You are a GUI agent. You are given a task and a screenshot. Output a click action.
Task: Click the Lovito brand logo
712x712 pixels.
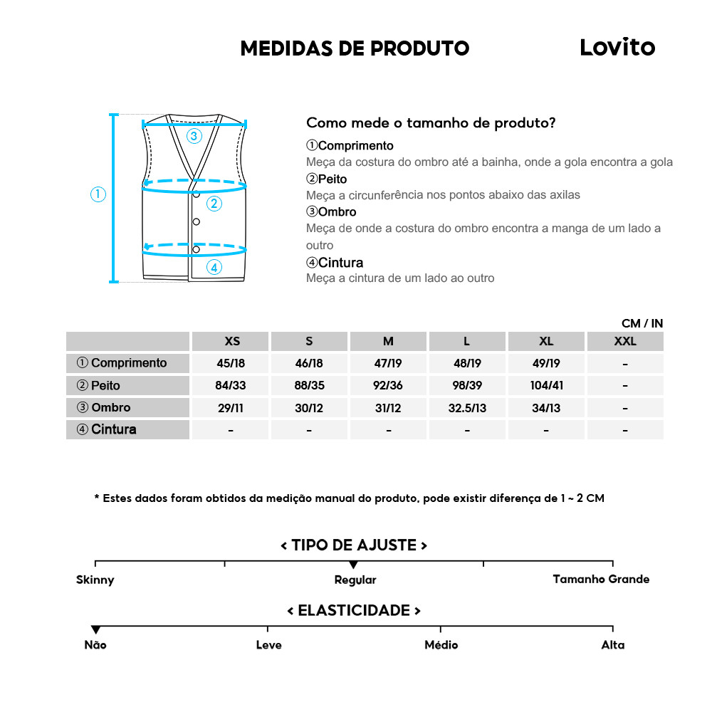tap(617, 47)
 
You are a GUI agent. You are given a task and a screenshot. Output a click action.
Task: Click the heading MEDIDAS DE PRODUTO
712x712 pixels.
tap(355, 48)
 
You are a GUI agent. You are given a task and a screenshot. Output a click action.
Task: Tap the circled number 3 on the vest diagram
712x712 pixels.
tap(194, 136)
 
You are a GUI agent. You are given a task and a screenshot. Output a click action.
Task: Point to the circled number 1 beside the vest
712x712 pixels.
tap(98, 194)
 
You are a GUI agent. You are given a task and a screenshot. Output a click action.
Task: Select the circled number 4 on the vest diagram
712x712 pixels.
tap(214, 268)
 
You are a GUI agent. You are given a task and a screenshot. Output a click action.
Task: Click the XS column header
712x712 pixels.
tap(231, 341)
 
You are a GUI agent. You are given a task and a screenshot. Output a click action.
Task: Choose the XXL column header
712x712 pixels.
tap(624, 341)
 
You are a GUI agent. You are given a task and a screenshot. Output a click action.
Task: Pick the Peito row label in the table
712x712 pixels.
tap(99, 386)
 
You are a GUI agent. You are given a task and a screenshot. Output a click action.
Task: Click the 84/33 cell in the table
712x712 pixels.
tap(231, 386)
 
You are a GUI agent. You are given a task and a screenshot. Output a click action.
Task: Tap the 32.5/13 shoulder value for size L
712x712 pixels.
tap(467, 408)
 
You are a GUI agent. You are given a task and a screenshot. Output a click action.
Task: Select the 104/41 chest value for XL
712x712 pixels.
tap(546, 386)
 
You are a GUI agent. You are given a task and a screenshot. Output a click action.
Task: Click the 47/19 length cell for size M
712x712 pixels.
tap(388, 363)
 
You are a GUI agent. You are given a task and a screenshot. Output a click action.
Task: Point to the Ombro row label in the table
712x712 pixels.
tap(104, 408)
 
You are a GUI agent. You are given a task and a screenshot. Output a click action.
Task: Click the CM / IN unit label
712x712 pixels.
tap(642, 323)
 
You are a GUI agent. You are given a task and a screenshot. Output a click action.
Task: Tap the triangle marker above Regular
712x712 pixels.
tap(354, 565)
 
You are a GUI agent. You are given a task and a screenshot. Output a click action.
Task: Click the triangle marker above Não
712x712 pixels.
tap(95, 629)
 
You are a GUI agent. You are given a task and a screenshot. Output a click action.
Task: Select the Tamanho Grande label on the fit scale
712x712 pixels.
tap(601, 579)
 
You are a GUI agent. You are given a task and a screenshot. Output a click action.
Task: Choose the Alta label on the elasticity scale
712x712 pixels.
tap(612, 645)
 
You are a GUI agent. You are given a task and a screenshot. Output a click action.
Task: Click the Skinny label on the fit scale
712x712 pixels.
tap(95, 580)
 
